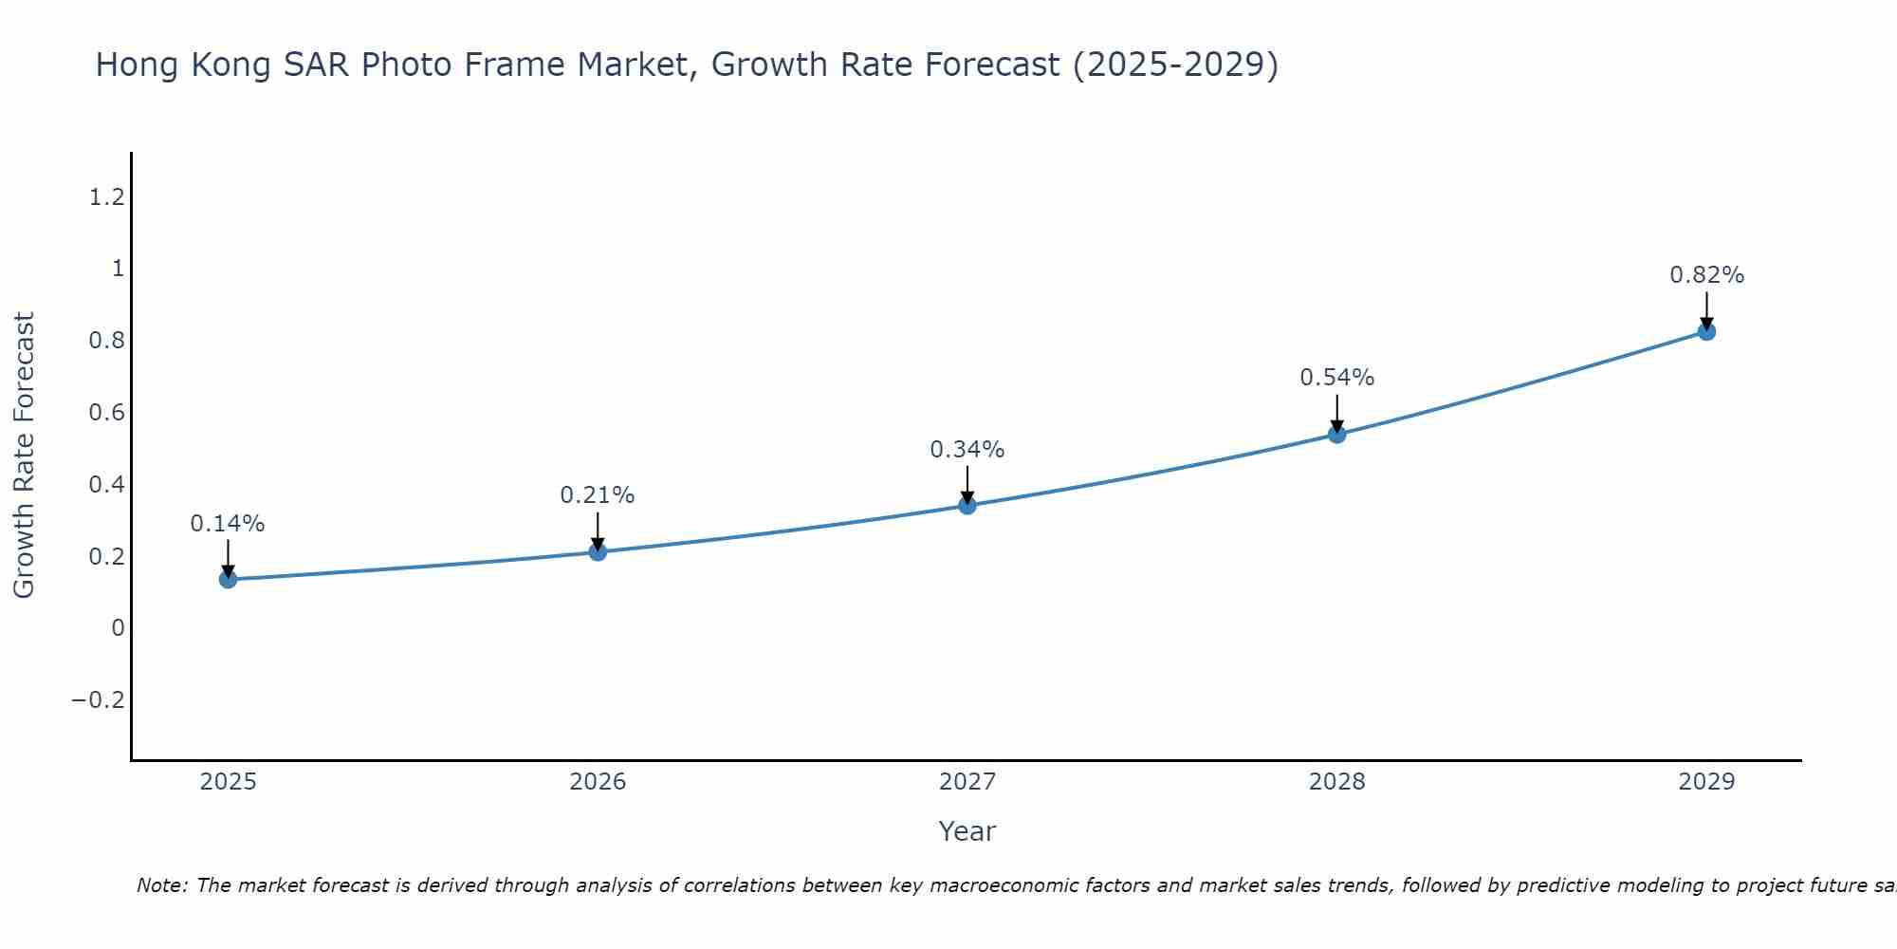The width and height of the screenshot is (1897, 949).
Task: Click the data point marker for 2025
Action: pyautogui.click(x=228, y=579)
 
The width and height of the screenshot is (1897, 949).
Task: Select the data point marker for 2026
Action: pyautogui.click(x=598, y=551)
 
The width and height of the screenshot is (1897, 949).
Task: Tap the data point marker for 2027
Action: pyautogui.click(x=967, y=505)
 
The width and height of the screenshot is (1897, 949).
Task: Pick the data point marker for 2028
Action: pyautogui.click(x=1337, y=434)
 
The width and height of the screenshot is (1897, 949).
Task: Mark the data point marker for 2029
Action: pyautogui.click(x=1706, y=331)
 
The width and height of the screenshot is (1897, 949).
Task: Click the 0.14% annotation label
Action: pyautogui.click(x=228, y=524)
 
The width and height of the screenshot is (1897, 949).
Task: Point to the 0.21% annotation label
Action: pyautogui.click(x=598, y=495)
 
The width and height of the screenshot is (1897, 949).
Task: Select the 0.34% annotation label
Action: pyautogui.click(x=967, y=450)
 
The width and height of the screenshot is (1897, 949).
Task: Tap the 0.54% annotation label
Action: pyautogui.click(x=1337, y=378)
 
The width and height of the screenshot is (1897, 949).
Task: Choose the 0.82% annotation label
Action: pyautogui.click(x=1706, y=275)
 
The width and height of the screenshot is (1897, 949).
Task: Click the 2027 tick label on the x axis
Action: pyautogui.click(x=967, y=782)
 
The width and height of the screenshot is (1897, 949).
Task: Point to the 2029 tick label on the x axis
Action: pyautogui.click(x=1706, y=782)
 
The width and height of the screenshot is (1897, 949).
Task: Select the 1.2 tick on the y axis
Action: pyautogui.click(x=107, y=197)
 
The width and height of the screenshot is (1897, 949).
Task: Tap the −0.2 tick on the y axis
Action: pyautogui.click(x=99, y=700)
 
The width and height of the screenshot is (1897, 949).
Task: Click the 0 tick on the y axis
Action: pyautogui.click(x=118, y=628)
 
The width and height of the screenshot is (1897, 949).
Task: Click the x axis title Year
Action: pyautogui.click(x=967, y=831)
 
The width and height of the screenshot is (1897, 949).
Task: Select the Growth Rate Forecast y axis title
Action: pyautogui.click(x=24, y=456)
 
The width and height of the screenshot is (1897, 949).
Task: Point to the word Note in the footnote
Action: pyautogui.click(x=161, y=885)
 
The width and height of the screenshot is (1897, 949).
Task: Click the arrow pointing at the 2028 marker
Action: pyautogui.click(x=1337, y=413)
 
